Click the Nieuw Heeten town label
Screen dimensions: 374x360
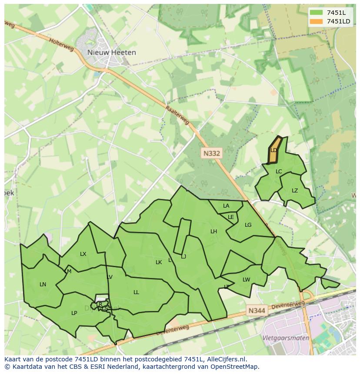pos(111,53)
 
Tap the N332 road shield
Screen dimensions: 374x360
pos(212,153)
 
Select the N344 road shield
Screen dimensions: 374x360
pos(257,311)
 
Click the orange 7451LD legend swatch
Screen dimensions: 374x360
pos(317,21)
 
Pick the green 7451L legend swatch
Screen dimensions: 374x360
pos(317,12)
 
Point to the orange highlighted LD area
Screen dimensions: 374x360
pos(274,150)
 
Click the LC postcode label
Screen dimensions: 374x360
pos(279,172)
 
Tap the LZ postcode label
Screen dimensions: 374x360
pos(295,191)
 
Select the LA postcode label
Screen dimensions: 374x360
pos(226,206)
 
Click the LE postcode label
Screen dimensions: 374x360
pos(231,217)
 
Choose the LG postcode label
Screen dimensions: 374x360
pos(248,225)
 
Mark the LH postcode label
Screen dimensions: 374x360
pos(213,232)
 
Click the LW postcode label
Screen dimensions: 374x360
pos(247,280)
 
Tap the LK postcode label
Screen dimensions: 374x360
pos(159,262)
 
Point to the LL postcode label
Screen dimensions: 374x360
pos(136,292)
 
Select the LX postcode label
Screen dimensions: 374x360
pos(83,254)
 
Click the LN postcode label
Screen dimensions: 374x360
pos(43,285)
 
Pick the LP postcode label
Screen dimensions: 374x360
pos(74,313)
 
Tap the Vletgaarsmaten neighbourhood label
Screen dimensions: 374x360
pos(286,338)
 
